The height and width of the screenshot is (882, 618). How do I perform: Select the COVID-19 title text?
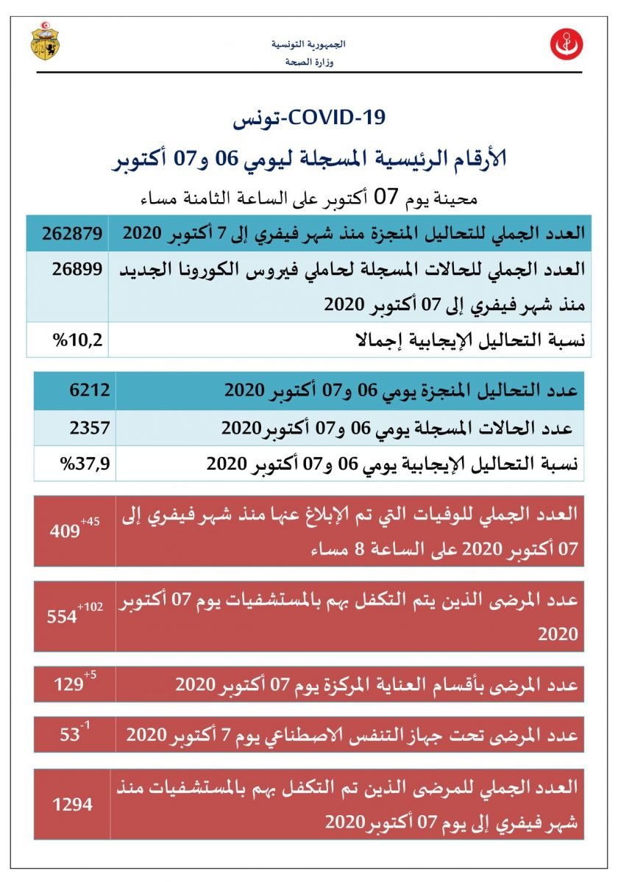point(309,118)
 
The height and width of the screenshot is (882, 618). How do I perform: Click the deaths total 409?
point(65,531)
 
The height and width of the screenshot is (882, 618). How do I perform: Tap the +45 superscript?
point(90,521)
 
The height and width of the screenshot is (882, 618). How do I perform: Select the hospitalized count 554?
point(63,617)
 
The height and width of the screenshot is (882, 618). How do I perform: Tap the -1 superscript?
point(85,725)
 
